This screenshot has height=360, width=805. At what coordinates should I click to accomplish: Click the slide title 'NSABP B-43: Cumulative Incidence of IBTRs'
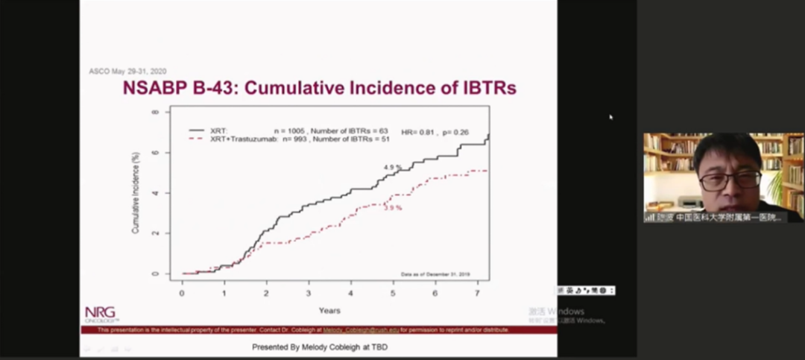[320, 89]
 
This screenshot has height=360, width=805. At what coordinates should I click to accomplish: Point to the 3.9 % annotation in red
[393, 208]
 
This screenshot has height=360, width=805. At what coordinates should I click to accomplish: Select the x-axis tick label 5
[394, 292]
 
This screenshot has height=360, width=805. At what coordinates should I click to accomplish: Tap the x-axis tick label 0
[182, 292]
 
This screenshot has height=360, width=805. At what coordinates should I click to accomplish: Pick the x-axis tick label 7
[478, 292]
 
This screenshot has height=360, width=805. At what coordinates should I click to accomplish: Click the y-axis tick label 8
[156, 113]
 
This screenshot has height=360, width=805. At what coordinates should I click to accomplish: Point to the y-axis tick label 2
[156, 233]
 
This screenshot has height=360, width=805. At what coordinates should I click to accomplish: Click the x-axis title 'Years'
[329, 310]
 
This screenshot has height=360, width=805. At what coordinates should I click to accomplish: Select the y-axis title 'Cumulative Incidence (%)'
[136, 193]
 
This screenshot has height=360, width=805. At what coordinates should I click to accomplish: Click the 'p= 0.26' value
[455, 131]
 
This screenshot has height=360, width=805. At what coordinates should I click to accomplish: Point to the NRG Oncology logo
[101, 313]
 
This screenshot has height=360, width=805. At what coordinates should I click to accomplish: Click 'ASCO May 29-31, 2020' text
[127, 72]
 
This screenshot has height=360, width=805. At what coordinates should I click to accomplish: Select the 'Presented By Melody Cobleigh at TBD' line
[320, 347]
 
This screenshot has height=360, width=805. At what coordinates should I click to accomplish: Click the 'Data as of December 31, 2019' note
[441, 274]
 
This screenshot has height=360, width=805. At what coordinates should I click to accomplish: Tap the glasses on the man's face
[730, 180]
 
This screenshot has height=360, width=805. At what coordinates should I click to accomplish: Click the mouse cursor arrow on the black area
[611, 117]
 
